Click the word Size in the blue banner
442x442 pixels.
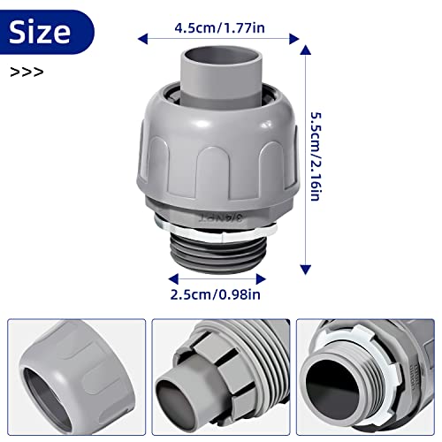click(x=40, y=32)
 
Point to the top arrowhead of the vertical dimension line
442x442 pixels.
click(x=306, y=51)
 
